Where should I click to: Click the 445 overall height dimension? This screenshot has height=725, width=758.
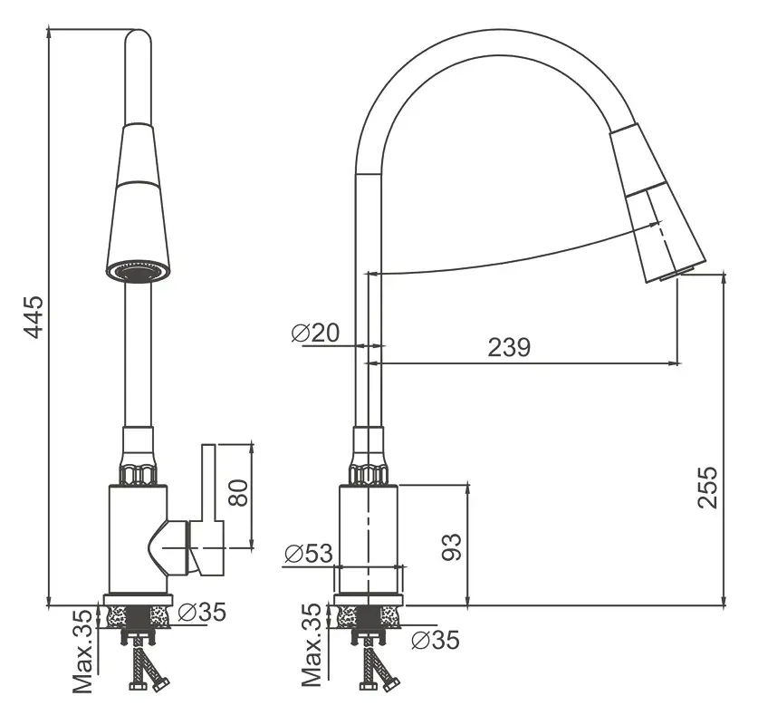pyautogui.click(x=33, y=315)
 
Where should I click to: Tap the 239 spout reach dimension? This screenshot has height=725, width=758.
pyautogui.click(x=509, y=347)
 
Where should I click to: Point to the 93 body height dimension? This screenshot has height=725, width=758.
pyautogui.click(x=452, y=545)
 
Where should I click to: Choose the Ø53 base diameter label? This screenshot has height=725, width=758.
pyautogui.click(x=308, y=553)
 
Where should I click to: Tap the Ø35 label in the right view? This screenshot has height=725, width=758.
pyautogui.click(x=435, y=641)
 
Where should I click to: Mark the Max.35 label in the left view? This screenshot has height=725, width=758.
pyautogui.click(x=82, y=651)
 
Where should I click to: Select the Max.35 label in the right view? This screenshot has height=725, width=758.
pyautogui.click(x=312, y=645)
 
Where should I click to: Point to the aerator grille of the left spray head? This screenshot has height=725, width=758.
pyautogui.click(x=138, y=271)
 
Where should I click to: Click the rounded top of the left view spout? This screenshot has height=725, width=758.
pyautogui.click(x=138, y=41)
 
